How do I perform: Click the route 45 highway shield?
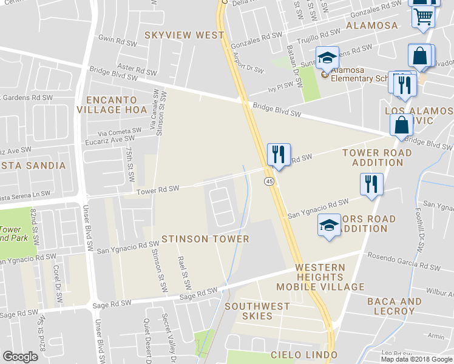tap(268, 181)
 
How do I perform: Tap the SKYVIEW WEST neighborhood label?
tap(184, 35)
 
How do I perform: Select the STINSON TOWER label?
tap(205, 239)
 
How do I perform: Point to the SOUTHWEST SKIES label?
tap(257, 306)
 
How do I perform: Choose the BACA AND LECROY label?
tap(395, 306)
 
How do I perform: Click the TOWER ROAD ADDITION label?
tap(377, 158)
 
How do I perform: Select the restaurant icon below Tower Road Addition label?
tap(371, 184)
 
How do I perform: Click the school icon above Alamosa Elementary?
tap(328, 58)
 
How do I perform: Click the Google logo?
tap(20, 357)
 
